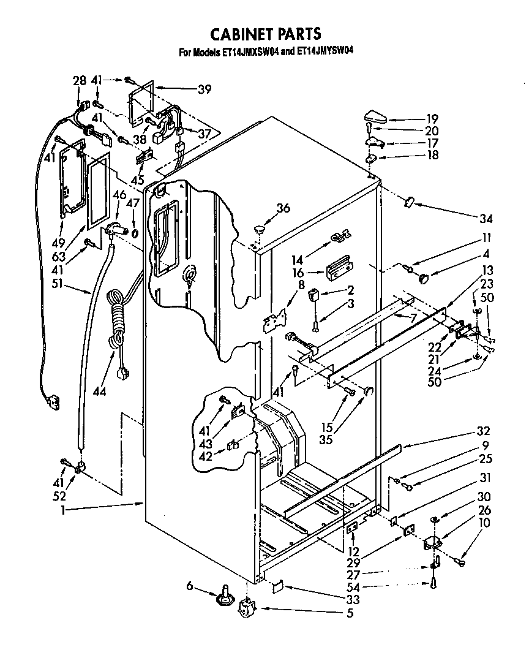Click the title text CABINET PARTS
coord(266,33)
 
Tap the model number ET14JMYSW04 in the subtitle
coord(325,51)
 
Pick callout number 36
coord(282,208)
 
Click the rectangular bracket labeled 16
coord(339,269)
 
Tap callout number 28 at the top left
coord(79,81)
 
